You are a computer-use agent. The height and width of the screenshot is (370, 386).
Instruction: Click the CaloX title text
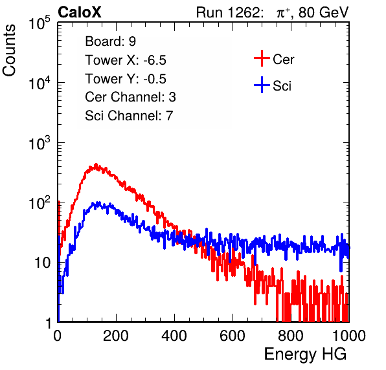tap(79, 12)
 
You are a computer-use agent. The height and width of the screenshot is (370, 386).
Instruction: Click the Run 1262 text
tap(228, 12)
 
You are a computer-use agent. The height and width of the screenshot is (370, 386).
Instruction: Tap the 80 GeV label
tap(324, 12)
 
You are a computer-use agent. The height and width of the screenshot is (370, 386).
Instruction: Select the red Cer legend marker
tap(262, 58)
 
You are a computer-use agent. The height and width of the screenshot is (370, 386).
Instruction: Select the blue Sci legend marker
tap(262, 85)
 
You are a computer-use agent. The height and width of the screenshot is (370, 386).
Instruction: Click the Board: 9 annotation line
tap(110, 41)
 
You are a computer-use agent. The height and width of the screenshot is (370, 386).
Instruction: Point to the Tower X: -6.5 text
tap(126, 60)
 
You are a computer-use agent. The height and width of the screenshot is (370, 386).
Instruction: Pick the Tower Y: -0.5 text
tap(126, 79)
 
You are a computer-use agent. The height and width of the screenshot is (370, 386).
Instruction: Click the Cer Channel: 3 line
tap(130, 97)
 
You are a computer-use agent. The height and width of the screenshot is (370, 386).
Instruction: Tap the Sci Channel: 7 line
tap(129, 116)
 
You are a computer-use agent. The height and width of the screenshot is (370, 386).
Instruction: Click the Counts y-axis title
tap(9, 50)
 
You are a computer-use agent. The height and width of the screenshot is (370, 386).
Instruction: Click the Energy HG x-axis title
tap(305, 354)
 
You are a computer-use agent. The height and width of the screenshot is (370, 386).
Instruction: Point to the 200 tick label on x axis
tap(116, 336)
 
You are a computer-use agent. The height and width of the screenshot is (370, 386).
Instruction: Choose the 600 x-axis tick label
tap(233, 336)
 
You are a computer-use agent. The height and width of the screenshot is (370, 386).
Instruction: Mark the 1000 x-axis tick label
tap(349, 336)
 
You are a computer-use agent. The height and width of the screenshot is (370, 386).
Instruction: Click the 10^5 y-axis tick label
tap(40, 23)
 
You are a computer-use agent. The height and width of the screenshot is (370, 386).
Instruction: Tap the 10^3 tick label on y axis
tap(40, 143)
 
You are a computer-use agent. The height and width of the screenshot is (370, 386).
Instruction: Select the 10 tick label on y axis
tap(42, 263)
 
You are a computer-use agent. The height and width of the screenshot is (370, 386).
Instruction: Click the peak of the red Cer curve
tap(96, 164)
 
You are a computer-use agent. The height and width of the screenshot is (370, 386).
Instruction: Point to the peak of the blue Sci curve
tap(98, 202)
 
